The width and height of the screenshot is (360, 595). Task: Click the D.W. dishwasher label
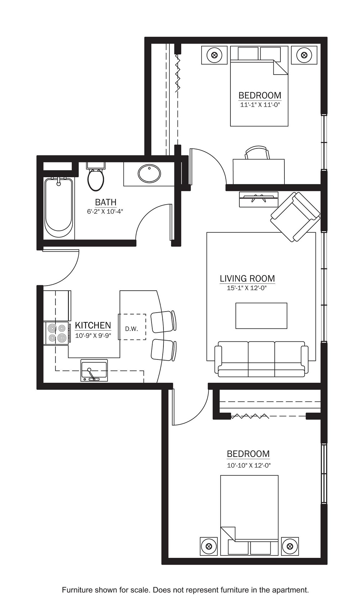coord(131,329)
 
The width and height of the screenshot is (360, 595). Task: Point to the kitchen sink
coord(94,371)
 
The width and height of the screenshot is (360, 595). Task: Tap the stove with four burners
coord(57,334)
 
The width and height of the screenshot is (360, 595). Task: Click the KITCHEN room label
coord(93,325)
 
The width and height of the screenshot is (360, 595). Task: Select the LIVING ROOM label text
coord(247,279)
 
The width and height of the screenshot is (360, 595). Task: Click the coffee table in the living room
coord(261,316)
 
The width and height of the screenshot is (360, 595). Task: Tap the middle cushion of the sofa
coord(261,358)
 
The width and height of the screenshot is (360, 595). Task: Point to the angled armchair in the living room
coord(295,217)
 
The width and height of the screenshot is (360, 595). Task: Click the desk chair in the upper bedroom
coord(257,153)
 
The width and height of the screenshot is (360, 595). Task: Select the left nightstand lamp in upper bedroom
coord(214,55)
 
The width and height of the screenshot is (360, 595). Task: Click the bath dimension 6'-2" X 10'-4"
coord(105,212)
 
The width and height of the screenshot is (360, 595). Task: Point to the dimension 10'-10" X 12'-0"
coord(249,465)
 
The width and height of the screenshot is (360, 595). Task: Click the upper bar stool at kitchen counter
coord(163,321)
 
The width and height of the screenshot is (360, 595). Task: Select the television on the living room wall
coord(258,199)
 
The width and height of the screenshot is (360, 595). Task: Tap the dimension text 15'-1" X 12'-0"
coord(247,288)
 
